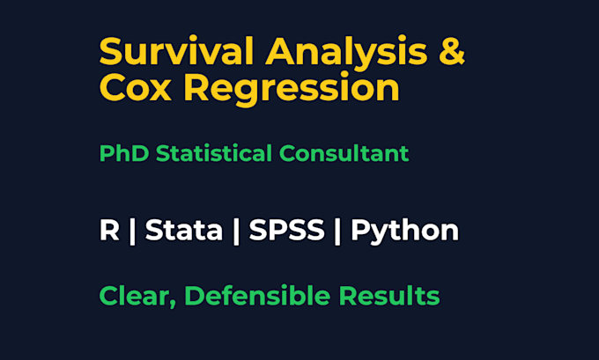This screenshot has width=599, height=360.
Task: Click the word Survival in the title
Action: [x=177, y=51]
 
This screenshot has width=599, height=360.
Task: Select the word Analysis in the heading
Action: [x=346, y=54]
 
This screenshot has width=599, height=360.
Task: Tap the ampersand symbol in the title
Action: [x=452, y=51]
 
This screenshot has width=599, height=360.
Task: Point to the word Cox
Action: [x=136, y=87]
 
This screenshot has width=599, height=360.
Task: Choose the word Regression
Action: [x=292, y=90]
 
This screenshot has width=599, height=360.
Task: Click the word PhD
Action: [x=124, y=153]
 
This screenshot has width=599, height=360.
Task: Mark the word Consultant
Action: [x=344, y=153]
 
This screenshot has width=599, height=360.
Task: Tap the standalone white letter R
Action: [x=109, y=231]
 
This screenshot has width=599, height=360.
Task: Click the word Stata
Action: [x=184, y=231]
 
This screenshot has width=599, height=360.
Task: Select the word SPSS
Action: [x=286, y=231]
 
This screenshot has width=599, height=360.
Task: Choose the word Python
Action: [x=404, y=231]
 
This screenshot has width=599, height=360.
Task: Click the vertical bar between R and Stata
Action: [x=132, y=231]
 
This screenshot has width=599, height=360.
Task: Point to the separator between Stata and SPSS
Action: [x=236, y=231]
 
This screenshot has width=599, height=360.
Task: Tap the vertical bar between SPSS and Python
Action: [x=337, y=231]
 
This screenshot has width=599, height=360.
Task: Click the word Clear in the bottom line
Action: [x=134, y=296]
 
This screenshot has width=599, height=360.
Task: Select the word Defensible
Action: [x=257, y=296]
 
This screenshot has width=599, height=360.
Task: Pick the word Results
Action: [x=389, y=296]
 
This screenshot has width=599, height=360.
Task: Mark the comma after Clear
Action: [x=173, y=305]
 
